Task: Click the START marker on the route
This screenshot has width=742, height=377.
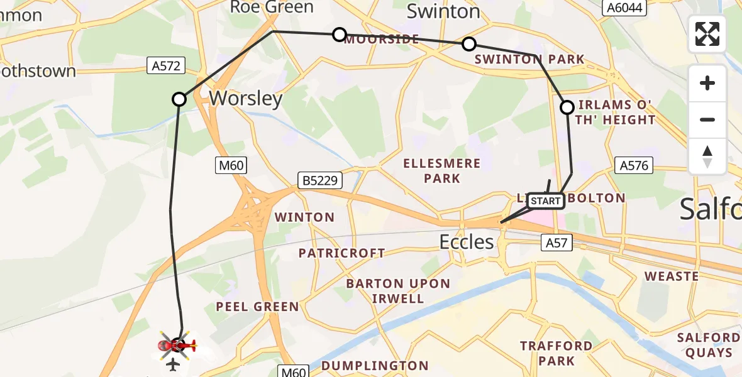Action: (x=546, y=201)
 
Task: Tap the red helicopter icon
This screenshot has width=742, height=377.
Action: (x=178, y=345)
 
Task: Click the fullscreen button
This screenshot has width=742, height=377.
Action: (x=707, y=34)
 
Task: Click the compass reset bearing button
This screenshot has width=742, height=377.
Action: (x=707, y=156)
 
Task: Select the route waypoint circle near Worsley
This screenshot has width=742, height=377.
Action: (x=179, y=99)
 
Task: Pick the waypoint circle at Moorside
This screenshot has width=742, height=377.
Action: (x=340, y=34)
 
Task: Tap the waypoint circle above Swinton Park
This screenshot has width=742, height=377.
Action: (x=469, y=44)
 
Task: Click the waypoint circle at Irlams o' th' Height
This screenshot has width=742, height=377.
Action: (x=567, y=107)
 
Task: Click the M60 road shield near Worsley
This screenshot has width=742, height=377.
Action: (x=231, y=166)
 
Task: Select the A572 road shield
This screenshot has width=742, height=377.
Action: (x=165, y=65)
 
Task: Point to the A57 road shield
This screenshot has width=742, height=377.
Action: (x=556, y=242)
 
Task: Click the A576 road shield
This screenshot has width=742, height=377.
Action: (x=633, y=166)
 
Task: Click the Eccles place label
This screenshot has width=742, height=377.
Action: (x=467, y=242)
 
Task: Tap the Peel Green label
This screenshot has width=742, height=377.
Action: (x=257, y=307)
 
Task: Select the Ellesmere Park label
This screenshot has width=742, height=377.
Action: (x=442, y=171)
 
